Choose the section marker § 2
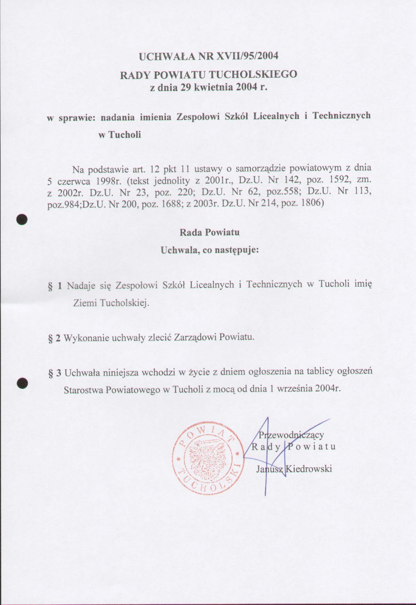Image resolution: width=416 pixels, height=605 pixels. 55,338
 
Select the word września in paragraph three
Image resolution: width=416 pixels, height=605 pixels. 295,389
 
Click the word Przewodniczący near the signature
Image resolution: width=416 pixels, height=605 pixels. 291,435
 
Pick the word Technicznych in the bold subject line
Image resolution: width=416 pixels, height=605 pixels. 342,116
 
